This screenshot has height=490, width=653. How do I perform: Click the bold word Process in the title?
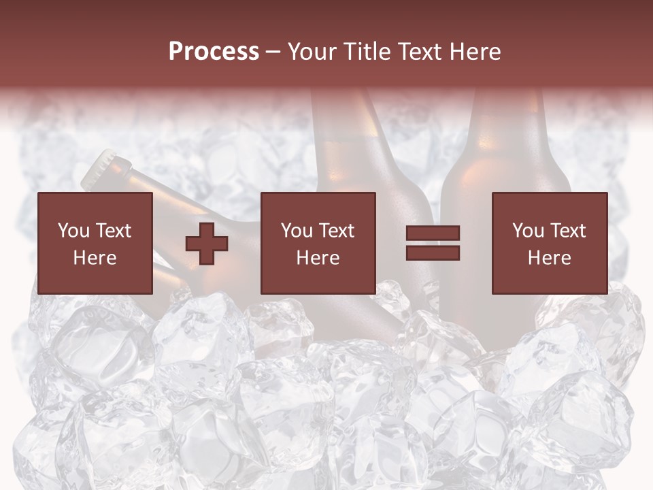point(214,52)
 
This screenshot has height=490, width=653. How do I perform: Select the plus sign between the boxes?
point(207,243)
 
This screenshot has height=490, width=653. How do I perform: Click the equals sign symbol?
point(433,243)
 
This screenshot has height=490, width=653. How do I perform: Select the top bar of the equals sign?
point(433,233)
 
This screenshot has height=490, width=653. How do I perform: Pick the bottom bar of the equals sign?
point(433,253)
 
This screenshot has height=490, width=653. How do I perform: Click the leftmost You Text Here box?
point(95,243)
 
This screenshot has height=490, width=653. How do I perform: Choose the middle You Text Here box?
point(318,243)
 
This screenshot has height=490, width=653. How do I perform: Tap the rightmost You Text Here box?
point(549,243)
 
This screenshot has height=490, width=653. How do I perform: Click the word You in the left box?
point(73,231)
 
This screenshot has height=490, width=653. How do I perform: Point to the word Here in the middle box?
point(318,258)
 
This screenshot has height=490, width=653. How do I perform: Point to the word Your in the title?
point(312,52)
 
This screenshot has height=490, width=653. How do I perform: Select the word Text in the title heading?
point(418,52)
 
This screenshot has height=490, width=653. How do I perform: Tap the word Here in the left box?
point(95,258)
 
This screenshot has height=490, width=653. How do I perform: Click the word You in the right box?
point(529,231)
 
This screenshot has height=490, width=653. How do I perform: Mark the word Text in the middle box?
point(336,231)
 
